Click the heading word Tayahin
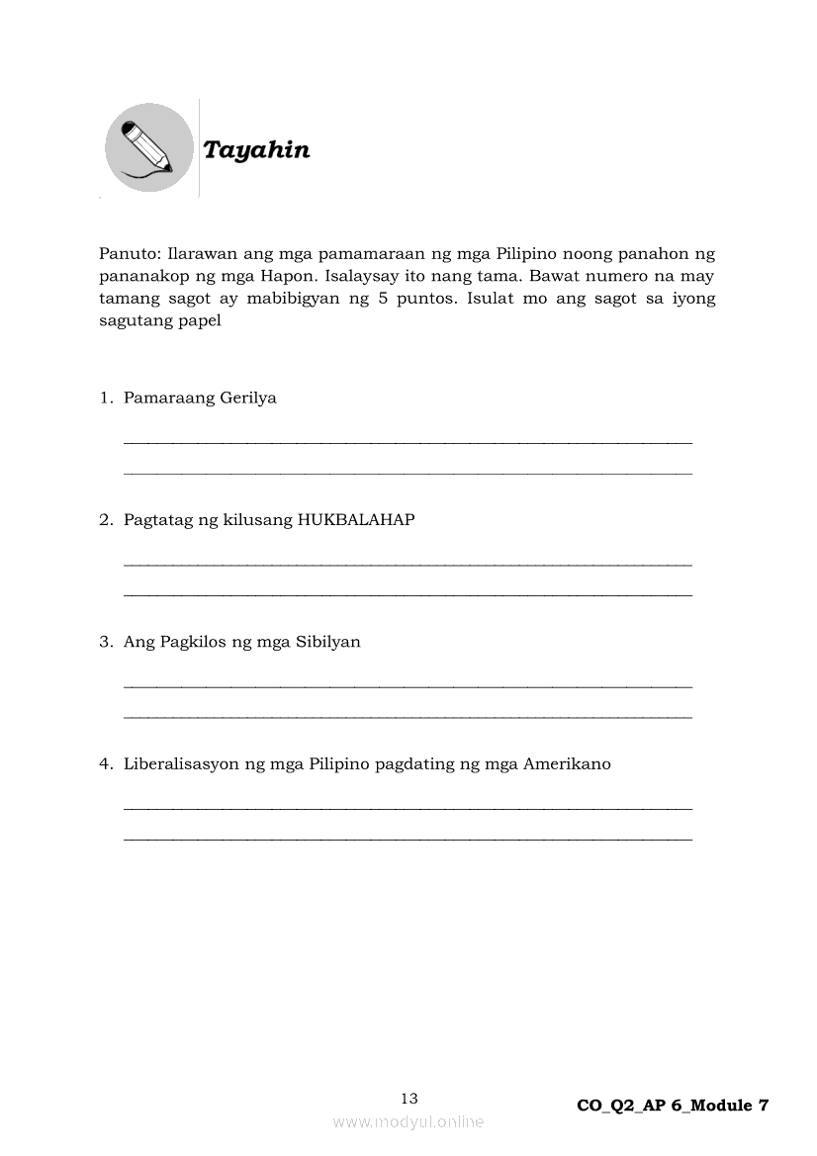click(256, 150)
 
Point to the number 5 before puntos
click(383, 299)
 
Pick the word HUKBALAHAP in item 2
click(356, 520)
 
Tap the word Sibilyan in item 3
click(327, 642)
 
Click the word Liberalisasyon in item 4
click(183, 763)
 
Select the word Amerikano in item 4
click(567, 763)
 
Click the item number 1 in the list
click(104, 399)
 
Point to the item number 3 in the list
click(104, 642)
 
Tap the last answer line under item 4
click(408, 839)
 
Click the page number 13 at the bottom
click(409, 1098)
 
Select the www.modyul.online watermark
click(408, 1121)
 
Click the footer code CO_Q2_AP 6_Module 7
click(673, 1106)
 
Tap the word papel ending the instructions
click(199, 320)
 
